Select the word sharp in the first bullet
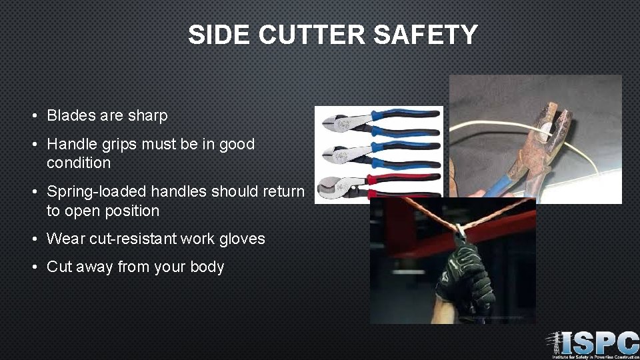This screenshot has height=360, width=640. [147, 115]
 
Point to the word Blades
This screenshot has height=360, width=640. [71, 115]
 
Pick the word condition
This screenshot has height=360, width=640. [79, 163]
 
